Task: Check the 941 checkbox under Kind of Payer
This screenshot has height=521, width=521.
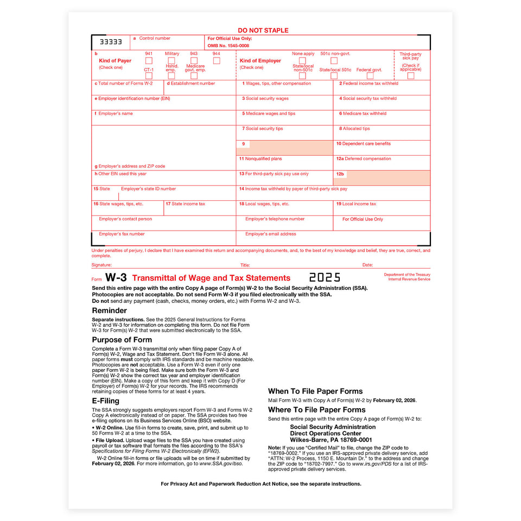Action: pos(149,61)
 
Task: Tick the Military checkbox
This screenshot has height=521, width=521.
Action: pos(171,61)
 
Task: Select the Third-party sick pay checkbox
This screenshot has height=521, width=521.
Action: pos(411,76)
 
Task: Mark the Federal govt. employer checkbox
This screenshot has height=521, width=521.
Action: pos(370,76)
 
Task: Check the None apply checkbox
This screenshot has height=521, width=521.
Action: pos(302,61)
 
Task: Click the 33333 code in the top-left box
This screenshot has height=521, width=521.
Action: pos(111,42)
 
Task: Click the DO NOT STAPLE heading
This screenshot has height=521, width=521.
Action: pos(263,30)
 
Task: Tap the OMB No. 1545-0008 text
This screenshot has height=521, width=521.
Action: pos(228,46)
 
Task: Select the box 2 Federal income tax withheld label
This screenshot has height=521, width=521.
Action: pos(369,84)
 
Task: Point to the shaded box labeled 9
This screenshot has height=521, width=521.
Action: pos(284,148)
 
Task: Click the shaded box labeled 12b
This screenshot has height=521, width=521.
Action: pos(382,178)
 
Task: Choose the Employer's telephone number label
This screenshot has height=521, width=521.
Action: pos(275,219)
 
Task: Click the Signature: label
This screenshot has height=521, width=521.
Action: pos(101,265)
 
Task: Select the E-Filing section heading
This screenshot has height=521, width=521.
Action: pos(105,401)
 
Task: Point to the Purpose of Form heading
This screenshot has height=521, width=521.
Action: pos(122,340)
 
